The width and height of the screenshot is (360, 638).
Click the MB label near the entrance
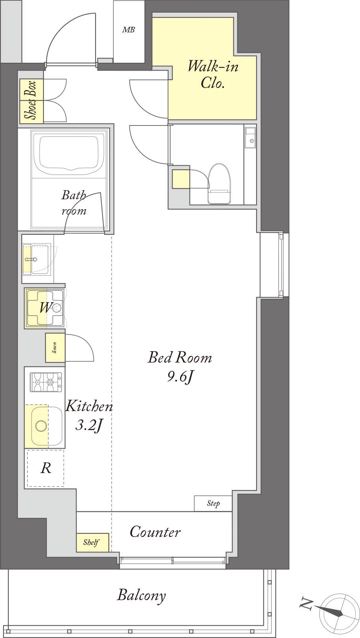129,30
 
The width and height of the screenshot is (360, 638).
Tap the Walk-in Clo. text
213,75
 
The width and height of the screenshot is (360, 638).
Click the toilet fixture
219,184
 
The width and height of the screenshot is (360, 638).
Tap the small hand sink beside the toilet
250,137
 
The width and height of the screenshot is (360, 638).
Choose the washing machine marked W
45,308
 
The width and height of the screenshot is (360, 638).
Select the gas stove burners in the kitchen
46,382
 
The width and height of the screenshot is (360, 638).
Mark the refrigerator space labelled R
46,468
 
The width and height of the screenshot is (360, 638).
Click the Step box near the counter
213,503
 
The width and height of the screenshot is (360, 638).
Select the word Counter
155,531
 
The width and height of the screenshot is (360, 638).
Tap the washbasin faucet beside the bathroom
31,259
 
